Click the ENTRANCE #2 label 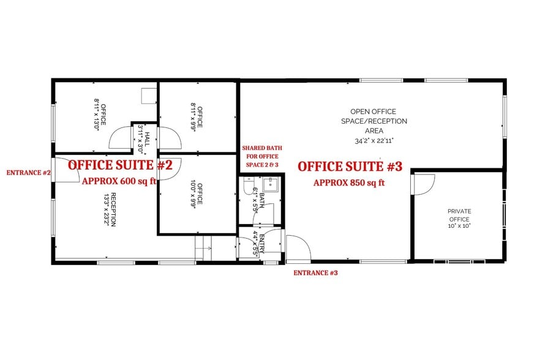[28, 173]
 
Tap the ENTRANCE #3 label [315, 272]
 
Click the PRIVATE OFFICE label [459, 215]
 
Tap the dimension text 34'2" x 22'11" [373, 140]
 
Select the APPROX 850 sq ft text [349, 182]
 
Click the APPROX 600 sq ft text [119, 181]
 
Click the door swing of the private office [424, 183]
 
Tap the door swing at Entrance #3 [299, 248]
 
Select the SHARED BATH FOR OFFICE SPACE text [260, 156]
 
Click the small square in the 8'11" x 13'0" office [148, 96]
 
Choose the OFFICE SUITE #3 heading [350, 166]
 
